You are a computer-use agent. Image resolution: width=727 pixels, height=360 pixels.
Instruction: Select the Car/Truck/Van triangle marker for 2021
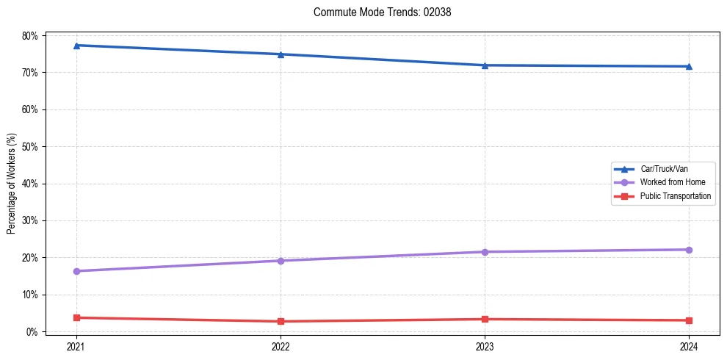76,46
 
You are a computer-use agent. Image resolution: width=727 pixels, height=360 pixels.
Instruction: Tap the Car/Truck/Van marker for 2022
281,54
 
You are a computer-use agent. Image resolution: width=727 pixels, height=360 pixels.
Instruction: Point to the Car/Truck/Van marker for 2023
485,65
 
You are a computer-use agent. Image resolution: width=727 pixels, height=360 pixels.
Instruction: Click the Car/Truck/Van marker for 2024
689,67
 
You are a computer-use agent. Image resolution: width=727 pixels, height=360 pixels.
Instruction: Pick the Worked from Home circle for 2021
76,271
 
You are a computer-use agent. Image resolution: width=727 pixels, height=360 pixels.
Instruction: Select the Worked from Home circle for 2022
281,261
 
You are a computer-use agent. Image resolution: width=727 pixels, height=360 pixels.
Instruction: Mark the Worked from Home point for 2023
485,252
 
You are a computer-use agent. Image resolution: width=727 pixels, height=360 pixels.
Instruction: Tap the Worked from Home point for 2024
689,250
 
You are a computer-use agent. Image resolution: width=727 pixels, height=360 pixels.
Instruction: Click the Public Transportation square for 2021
76,317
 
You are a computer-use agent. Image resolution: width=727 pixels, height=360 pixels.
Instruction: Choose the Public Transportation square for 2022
281,321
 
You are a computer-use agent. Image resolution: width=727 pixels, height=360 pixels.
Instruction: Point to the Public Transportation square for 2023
485,319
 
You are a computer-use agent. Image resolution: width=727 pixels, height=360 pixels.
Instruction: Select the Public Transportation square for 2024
689,320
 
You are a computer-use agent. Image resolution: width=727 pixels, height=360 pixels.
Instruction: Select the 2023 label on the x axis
485,346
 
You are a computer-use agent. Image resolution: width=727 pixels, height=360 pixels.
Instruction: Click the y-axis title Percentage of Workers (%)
12,184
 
